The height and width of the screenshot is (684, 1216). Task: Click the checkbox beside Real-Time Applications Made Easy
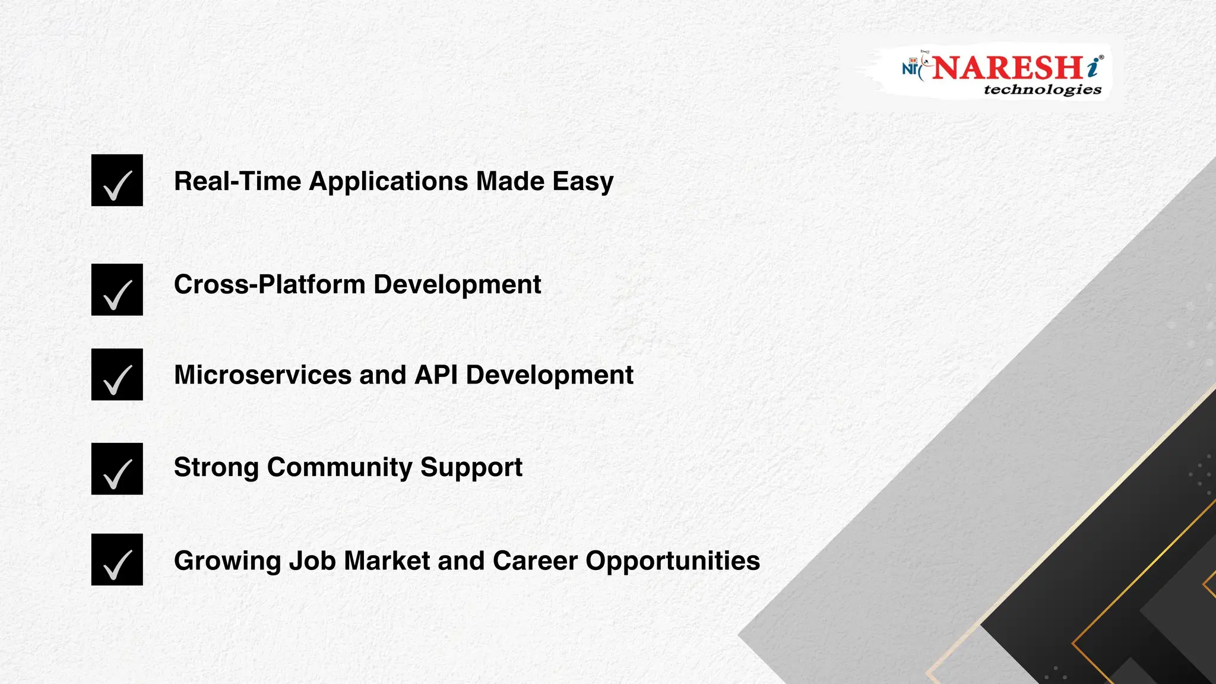[x=117, y=180]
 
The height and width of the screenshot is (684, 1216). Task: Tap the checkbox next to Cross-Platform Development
[x=117, y=290]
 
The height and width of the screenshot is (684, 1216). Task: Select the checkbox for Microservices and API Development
[x=117, y=375]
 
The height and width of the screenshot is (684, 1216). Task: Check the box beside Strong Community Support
[x=117, y=469]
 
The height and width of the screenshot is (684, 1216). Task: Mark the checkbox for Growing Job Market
[x=117, y=560]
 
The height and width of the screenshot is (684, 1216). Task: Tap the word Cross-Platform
[x=270, y=285]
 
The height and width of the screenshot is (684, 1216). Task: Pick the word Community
[x=339, y=468]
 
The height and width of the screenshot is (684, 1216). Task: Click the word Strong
[x=216, y=468]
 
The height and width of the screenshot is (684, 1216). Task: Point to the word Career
[x=535, y=561]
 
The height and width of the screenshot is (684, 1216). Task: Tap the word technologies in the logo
[x=1042, y=90]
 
